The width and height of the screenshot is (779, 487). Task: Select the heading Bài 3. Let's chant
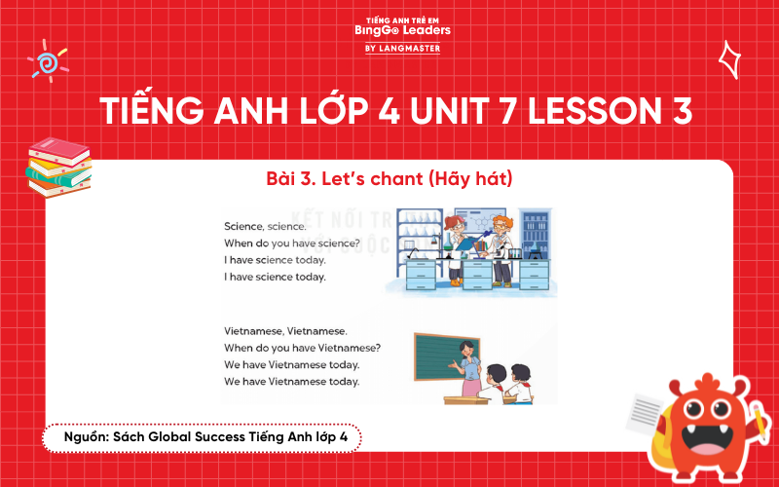coord(389,179)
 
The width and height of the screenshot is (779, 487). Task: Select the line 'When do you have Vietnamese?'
coord(302,348)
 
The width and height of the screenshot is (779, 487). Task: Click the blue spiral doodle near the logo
coord(43,62)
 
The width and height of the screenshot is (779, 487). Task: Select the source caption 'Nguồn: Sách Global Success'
coord(201,438)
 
